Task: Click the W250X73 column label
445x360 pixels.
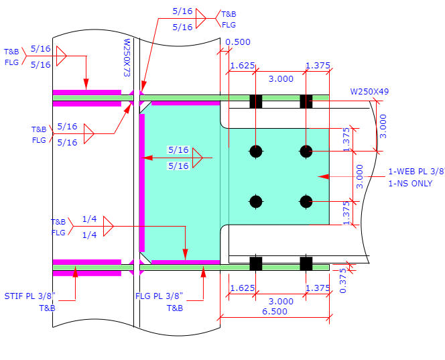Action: coord(127,57)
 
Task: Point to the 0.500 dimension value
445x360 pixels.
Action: coord(238,42)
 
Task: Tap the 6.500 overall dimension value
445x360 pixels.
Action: coord(275,310)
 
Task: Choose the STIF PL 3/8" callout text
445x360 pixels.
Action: coord(29,296)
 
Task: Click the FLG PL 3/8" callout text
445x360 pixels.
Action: coord(159,296)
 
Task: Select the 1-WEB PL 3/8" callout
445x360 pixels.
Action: coord(416,172)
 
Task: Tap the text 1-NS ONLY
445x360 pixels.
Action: coord(410,184)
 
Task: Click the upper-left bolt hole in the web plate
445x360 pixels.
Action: coord(255,151)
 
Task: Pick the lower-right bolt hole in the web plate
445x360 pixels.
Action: coord(306,201)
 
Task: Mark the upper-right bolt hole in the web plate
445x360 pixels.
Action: coord(306,151)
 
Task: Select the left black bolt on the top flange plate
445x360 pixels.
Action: coord(255,101)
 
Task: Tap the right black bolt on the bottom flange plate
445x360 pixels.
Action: coord(306,263)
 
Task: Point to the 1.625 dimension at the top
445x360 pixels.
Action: coord(241,66)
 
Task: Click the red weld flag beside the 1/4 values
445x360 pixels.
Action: coord(109,227)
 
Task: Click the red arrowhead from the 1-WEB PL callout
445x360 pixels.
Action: coord(322,177)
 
